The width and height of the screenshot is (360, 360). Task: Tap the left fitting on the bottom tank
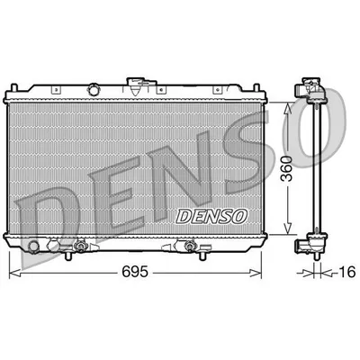coord(81,245)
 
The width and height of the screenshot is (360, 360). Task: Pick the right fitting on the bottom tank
coord(191,245)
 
